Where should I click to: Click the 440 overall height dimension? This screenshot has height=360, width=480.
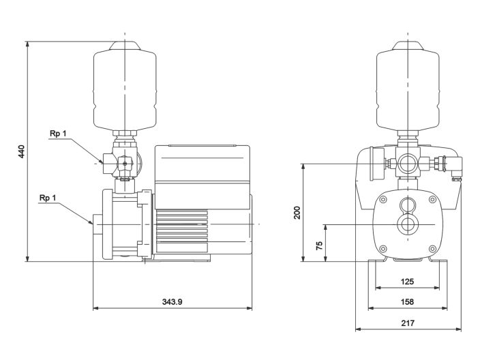[21, 151]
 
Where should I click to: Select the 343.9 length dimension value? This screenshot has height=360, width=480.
[172, 301]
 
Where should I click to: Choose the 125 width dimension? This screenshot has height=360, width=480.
[406, 282]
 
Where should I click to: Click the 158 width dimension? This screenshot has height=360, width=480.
[406, 301]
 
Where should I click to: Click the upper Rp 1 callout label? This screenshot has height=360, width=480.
[58, 134]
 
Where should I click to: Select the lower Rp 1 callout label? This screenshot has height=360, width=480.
[48, 198]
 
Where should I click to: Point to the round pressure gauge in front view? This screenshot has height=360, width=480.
[372, 164]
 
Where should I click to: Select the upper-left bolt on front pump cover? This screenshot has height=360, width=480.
[383, 200]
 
